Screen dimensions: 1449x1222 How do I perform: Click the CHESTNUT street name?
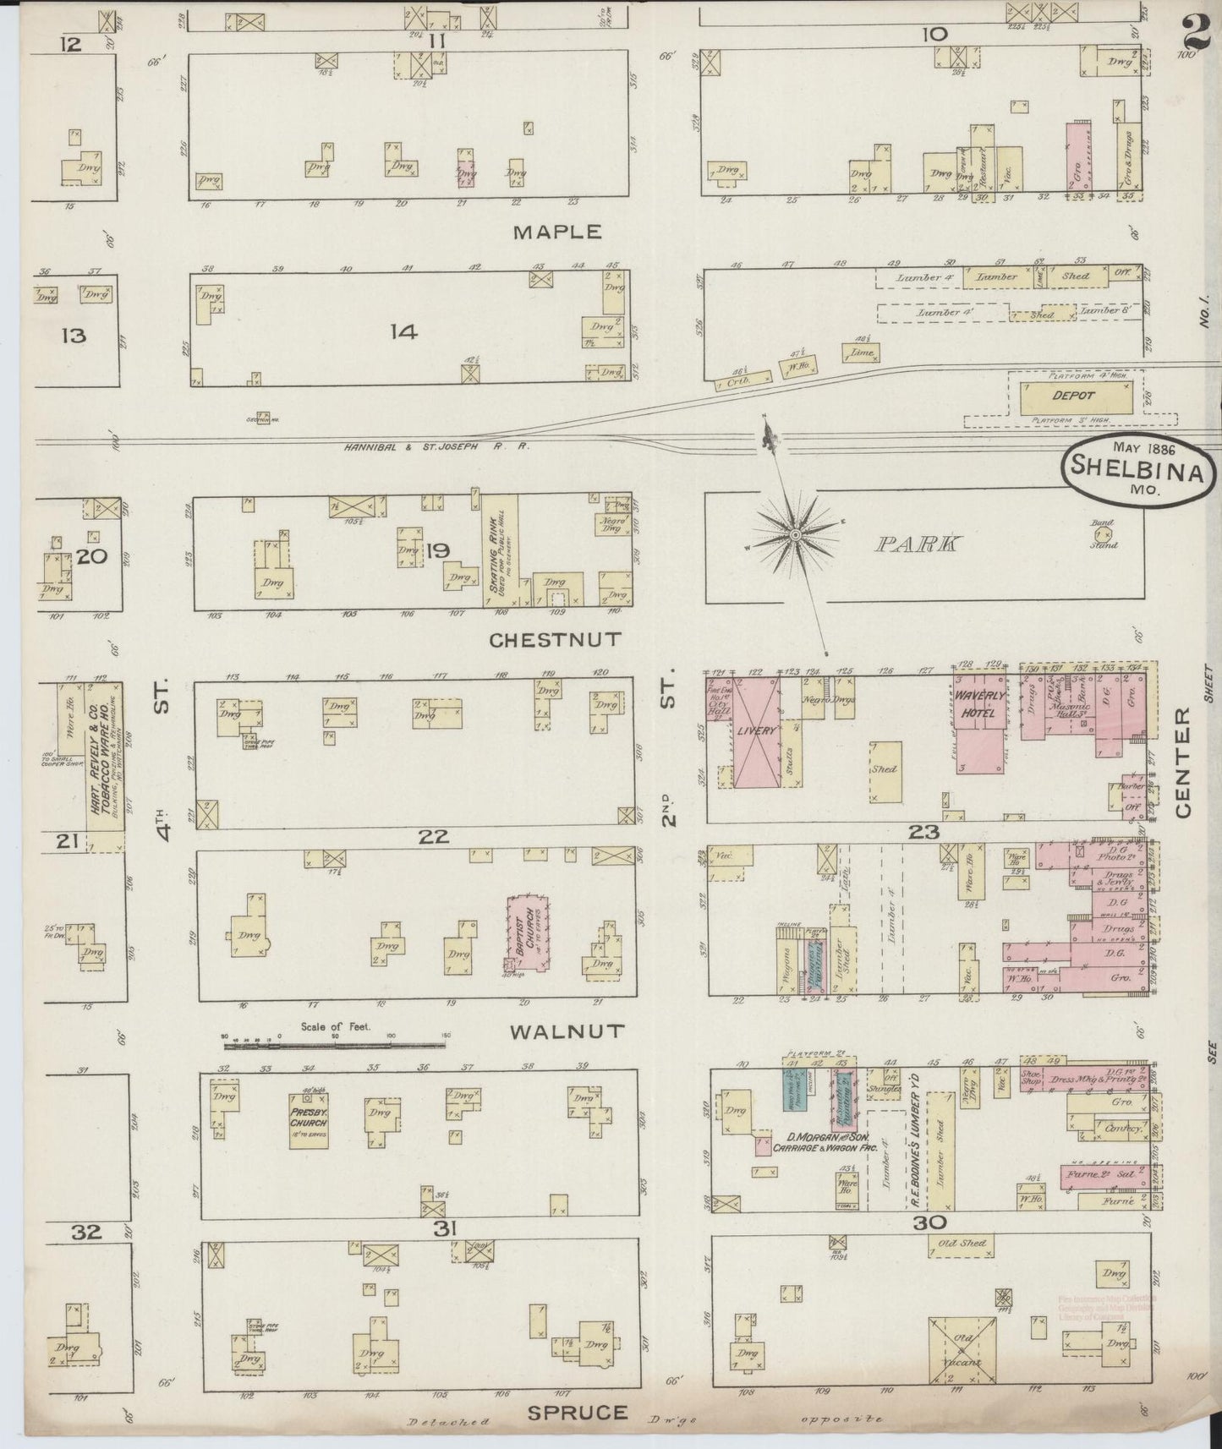556,639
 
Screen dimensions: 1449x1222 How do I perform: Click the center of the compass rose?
796,536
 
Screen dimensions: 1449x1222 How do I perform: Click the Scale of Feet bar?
338,1046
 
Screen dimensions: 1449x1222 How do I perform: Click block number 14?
403,332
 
